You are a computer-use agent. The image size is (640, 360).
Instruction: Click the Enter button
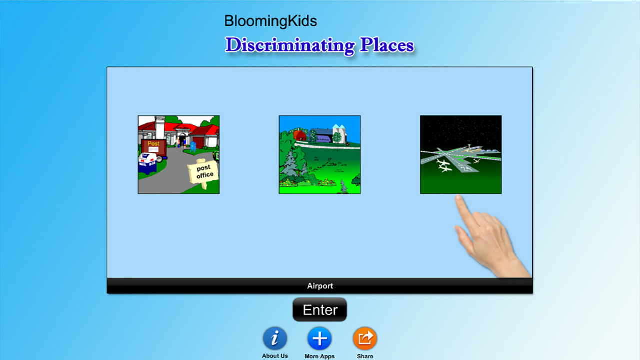(319, 309)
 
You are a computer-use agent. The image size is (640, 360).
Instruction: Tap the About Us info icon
(275, 338)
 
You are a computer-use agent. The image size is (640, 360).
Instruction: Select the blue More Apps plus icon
(319, 338)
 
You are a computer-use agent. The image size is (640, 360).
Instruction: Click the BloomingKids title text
(270, 21)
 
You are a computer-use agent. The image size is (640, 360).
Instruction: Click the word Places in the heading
(387, 45)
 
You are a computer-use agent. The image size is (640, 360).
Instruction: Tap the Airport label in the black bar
(320, 286)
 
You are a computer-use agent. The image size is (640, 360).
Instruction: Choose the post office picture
(179, 155)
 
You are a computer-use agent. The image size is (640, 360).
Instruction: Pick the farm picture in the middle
(320, 155)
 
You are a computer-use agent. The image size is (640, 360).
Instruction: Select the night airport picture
(461, 155)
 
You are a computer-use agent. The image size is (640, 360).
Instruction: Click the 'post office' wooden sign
(203, 172)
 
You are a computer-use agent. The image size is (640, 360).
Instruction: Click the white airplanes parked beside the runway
(443, 166)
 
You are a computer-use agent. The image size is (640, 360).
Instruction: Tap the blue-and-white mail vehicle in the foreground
(148, 163)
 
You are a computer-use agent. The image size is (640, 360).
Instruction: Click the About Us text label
(275, 356)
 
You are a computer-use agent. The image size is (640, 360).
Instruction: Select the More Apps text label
(319, 356)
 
